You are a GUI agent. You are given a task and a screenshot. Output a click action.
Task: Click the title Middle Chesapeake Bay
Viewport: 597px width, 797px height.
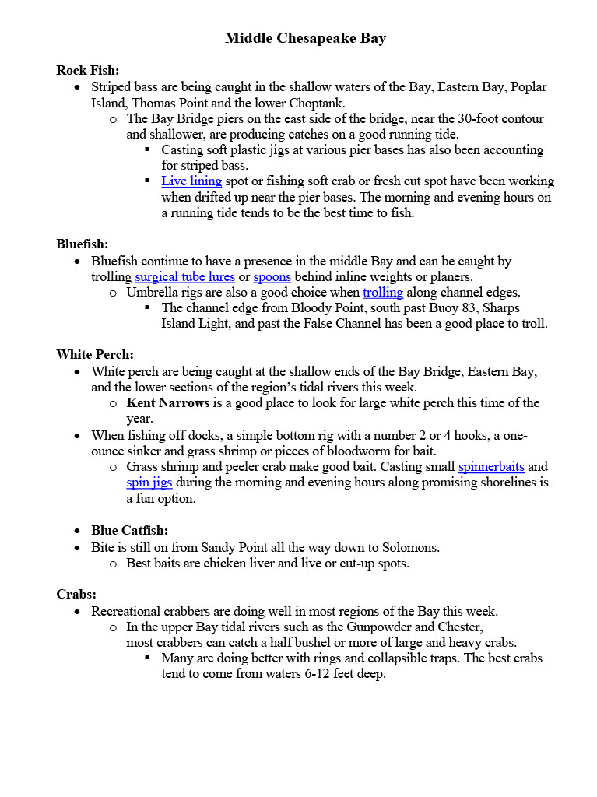point(305,38)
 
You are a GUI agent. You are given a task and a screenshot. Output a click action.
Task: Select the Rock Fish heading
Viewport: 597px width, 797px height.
point(87,70)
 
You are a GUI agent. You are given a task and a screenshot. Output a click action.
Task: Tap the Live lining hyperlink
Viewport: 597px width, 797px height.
point(191,181)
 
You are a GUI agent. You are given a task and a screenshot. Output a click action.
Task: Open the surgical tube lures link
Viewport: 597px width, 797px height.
point(184,277)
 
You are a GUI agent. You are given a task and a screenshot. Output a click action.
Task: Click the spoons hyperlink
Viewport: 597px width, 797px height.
point(272,277)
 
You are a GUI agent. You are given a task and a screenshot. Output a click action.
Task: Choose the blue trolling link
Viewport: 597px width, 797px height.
point(383,293)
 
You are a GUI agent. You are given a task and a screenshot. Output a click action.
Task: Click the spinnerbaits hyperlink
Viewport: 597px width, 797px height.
point(491,467)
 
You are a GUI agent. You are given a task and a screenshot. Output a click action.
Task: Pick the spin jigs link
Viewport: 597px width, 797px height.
point(149,483)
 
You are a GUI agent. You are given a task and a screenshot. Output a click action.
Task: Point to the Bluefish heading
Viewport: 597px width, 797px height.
point(82,244)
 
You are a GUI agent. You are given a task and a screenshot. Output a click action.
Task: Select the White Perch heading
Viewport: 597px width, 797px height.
point(95,355)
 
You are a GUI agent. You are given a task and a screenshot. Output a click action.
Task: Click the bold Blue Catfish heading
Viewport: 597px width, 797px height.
point(129,531)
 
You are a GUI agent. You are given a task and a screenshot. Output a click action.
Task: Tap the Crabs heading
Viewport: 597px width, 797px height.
point(76,595)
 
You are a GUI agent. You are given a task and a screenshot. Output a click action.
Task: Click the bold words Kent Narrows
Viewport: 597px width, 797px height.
point(167,403)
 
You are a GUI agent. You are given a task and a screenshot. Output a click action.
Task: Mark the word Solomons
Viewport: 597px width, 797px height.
point(412,547)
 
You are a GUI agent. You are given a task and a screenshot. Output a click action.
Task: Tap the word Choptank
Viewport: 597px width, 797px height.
point(316,103)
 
